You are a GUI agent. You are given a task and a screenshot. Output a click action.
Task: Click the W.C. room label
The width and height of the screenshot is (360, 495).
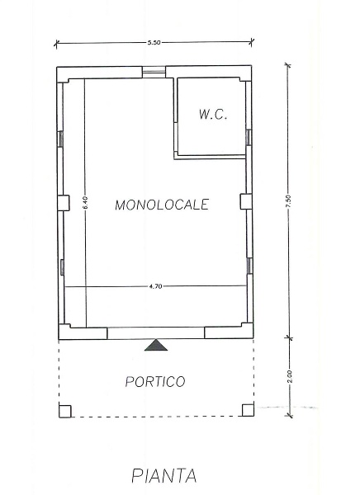[x=213, y=115]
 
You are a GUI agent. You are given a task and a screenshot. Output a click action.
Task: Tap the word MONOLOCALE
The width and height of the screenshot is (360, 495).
[x=162, y=205]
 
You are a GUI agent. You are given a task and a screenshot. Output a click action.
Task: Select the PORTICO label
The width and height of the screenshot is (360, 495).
[x=155, y=381]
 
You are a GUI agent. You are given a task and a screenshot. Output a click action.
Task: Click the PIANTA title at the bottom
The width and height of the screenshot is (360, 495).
[x=164, y=475]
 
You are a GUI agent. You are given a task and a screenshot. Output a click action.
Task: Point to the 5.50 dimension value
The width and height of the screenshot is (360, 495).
[x=154, y=43]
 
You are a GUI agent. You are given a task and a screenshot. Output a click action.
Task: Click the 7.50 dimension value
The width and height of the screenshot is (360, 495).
[x=288, y=201]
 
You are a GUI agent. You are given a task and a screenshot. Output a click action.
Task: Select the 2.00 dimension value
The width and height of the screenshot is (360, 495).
[x=290, y=376]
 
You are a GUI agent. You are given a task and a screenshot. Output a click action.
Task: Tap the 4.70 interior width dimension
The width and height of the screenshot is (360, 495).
[x=155, y=286]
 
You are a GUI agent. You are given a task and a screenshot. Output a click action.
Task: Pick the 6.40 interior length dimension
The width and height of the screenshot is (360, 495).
[x=86, y=203]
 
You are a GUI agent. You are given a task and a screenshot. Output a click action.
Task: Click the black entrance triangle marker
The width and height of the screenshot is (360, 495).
[x=156, y=346]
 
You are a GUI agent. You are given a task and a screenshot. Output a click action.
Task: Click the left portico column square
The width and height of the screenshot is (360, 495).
[x=64, y=411]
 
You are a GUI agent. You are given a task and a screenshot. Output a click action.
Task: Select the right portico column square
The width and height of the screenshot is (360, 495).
[x=248, y=410]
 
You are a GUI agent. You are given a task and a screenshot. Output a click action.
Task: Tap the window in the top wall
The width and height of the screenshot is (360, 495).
[x=154, y=72]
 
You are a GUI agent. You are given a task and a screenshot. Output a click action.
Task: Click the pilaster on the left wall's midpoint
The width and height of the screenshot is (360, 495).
[x=64, y=203]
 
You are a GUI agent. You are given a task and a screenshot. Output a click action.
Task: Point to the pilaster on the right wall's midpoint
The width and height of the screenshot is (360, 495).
[x=246, y=201]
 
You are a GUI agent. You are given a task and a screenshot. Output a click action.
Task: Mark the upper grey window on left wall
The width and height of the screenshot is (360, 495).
[x=60, y=139]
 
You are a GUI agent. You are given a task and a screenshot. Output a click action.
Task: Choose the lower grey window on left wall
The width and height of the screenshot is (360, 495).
[x=62, y=267]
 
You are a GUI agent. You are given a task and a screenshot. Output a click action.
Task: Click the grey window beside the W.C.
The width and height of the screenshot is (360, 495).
[x=249, y=137]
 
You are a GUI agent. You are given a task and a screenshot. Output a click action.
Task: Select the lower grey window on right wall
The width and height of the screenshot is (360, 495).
[x=249, y=266]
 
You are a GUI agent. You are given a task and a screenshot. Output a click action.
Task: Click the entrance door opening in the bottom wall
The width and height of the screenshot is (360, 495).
[x=156, y=333]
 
